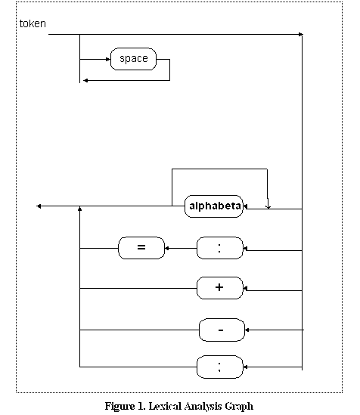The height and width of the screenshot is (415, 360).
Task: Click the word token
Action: [33, 23]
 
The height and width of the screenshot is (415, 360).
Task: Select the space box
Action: [133, 59]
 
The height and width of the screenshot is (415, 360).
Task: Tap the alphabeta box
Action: [214, 206]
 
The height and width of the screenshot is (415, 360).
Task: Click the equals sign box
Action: [141, 248]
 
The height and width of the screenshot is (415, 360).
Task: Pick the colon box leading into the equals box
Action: [219, 248]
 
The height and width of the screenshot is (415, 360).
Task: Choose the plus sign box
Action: [219, 288]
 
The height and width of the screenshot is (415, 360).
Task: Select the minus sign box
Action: [222, 330]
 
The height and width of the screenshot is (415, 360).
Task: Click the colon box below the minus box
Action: [219, 367]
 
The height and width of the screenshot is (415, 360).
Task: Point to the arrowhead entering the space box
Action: [108, 59]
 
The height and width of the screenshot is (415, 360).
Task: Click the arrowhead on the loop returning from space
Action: [85, 80]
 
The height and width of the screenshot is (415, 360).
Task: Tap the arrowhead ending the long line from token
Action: [301, 35]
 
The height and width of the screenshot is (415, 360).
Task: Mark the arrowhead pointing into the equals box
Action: [166, 248]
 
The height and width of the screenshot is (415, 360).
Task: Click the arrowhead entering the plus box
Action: [245, 288]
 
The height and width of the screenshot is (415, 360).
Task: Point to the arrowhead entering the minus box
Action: [247, 330]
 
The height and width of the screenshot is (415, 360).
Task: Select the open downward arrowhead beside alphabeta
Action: [268, 206]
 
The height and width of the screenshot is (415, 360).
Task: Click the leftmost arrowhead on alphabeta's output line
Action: [39, 206]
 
